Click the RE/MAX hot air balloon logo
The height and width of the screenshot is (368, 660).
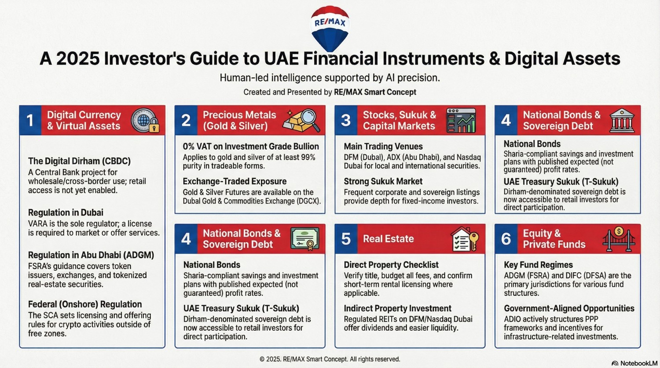point(330,27)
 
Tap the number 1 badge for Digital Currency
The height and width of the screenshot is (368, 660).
point(30,120)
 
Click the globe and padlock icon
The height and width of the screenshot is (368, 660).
point(146,120)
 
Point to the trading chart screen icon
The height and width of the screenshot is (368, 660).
point(461,120)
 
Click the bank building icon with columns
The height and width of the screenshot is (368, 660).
point(622,120)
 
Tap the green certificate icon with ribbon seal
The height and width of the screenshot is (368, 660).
point(305,239)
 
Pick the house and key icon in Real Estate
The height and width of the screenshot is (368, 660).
point(465,239)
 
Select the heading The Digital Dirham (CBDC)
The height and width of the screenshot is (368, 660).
point(79,161)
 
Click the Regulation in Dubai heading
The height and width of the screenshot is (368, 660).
point(66,213)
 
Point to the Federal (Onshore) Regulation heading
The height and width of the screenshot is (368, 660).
point(85,304)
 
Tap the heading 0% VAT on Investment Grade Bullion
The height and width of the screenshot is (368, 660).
point(251,146)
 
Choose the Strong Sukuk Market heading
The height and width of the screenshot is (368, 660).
point(383,181)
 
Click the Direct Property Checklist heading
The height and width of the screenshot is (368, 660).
point(391,265)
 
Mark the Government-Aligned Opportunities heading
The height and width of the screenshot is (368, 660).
point(569,308)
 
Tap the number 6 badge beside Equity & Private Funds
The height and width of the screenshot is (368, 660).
point(506,239)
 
